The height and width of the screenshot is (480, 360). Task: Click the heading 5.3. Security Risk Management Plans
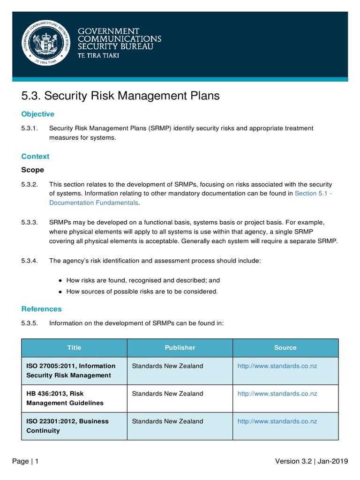click(120, 96)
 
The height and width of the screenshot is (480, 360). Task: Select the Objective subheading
click(38, 114)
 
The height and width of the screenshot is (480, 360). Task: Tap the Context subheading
click(35, 156)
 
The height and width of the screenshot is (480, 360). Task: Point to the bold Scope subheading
click(33, 170)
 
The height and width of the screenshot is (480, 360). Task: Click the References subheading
click(41, 309)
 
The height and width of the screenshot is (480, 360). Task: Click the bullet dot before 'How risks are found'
click(60, 280)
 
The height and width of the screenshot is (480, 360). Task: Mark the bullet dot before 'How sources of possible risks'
click(60, 292)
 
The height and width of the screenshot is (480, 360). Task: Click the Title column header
click(74, 347)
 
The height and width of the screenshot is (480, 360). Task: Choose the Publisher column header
click(180, 347)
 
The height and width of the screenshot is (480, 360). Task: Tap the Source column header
click(285, 347)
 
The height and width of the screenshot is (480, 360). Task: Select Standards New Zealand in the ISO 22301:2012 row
click(168, 421)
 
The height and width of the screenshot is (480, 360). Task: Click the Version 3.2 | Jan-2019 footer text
click(311, 461)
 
